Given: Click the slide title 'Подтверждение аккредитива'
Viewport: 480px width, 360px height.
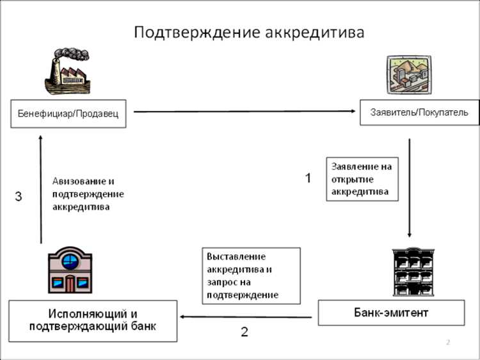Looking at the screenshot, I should (x=249, y=32).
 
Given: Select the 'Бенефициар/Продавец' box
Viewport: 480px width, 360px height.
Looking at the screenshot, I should (x=68, y=113).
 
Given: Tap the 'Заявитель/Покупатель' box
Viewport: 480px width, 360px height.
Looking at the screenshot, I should (x=419, y=112).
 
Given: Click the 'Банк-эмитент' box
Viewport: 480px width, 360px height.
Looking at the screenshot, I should (x=391, y=313).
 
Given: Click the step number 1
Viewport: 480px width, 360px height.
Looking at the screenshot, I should (x=308, y=178).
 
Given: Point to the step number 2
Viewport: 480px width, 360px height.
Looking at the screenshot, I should (x=244, y=332).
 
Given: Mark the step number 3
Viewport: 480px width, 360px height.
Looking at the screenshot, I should (x=19, y=197).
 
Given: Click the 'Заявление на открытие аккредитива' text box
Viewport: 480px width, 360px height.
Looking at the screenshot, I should (x=362, y=179).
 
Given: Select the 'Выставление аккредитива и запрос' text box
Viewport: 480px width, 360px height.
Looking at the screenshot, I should (x=251, y=275).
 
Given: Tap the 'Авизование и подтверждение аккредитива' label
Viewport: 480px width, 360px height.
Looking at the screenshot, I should (x=88, y=194).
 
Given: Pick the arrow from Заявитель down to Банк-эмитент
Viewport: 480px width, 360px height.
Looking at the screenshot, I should (x=410, y=186).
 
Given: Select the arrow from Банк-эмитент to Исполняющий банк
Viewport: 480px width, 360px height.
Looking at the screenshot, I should (x=246, y=316).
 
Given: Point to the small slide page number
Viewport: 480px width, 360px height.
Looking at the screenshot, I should (x=448, y=343).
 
